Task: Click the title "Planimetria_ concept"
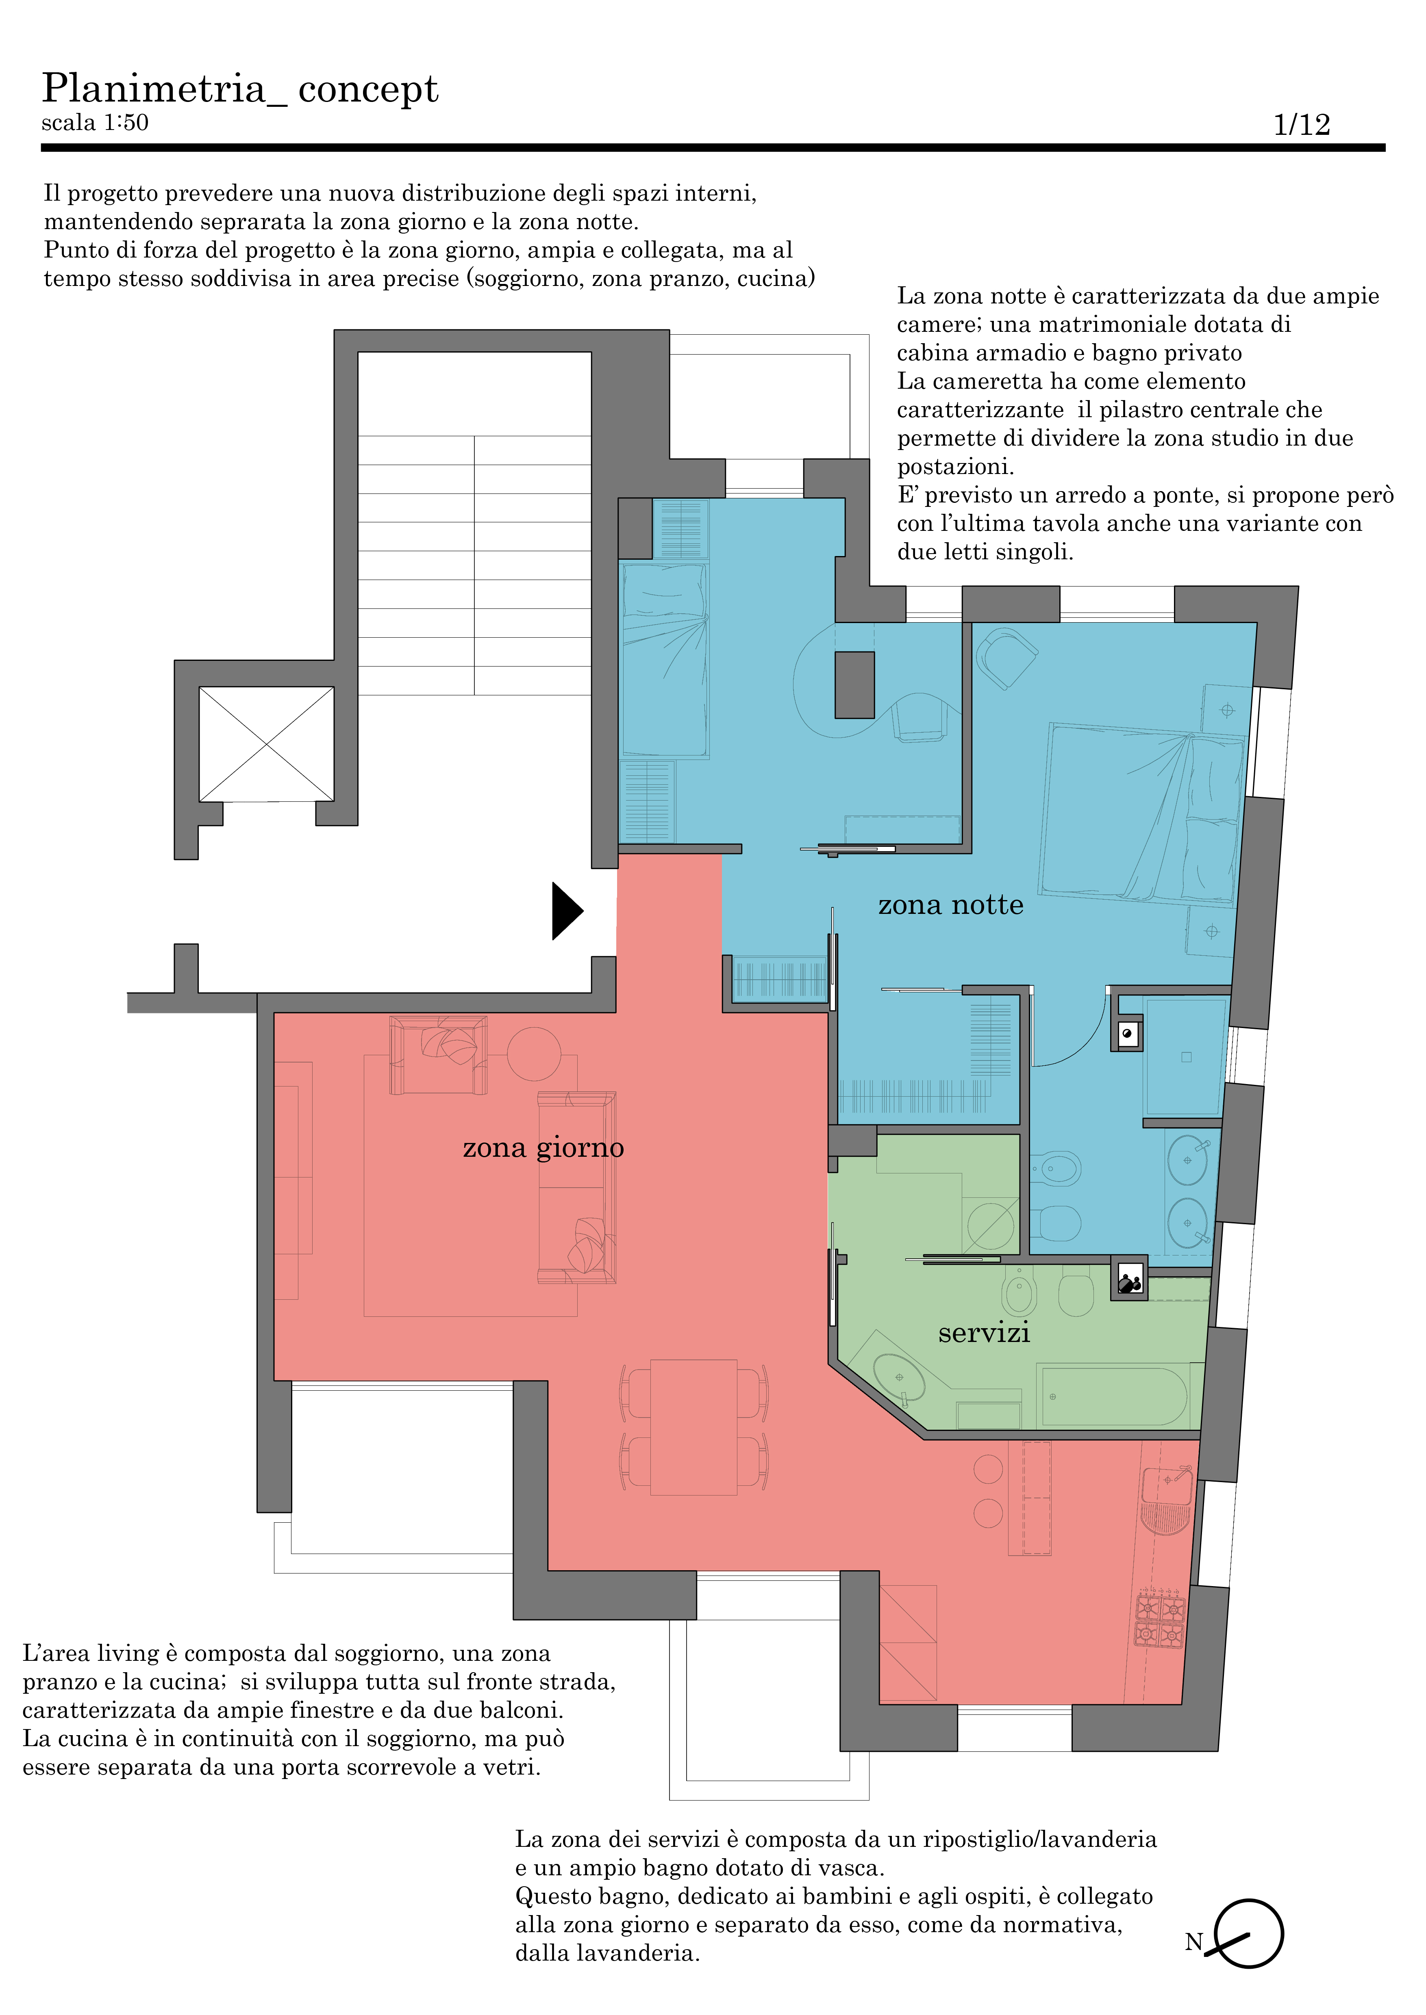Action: pos(240,89)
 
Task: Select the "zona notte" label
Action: pos(951,905)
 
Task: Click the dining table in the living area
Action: pos(693,1427)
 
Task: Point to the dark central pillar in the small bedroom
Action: pos(854,684)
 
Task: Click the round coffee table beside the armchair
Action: pos(534,1053)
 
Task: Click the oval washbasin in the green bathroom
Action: pos(899,1379)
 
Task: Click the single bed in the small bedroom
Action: pos(665,660)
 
